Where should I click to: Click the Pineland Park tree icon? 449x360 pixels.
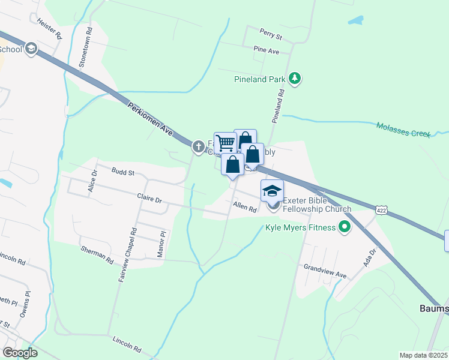(294, 78)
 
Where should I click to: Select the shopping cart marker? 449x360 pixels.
(225, 143)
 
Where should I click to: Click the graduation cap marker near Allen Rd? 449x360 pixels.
(271, 191)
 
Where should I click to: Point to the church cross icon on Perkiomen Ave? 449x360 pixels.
(199, 146)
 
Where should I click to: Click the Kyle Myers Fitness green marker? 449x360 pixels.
(344, 227)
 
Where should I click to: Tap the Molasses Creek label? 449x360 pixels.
(403, 130)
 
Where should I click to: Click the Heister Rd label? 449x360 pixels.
(49, 28)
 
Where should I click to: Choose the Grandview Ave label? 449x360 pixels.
(325, 271)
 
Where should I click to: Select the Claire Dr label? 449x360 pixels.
(150, 198)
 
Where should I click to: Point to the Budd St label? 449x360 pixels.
(122, 171)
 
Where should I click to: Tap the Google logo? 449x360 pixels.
(20, 353)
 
